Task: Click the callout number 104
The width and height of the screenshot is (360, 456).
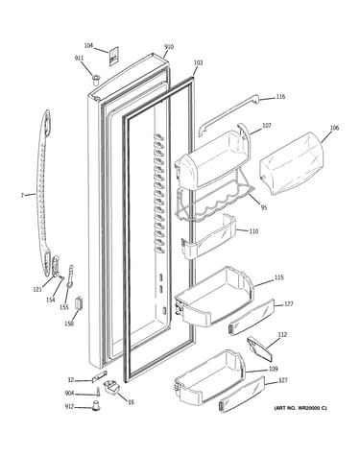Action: (88, 46)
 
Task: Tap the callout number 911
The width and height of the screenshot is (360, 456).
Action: (79, 58)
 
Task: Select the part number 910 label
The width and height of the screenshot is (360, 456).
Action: (169, 47)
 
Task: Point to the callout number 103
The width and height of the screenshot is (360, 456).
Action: (198, 62)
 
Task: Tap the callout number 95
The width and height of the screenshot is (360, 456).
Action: (264, 208)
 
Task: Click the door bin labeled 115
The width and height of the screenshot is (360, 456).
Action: (214, 296)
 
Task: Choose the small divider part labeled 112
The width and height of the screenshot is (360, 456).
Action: (260, 348)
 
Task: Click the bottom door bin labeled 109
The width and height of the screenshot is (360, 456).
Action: (209, 378)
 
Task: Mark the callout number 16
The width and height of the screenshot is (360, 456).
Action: (131, 402)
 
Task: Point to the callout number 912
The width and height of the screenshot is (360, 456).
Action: (69, 406)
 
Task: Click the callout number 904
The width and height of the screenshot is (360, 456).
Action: (69, 394)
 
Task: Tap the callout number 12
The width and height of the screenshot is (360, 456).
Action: (71, 380)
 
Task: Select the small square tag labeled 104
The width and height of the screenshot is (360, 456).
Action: (114, 56)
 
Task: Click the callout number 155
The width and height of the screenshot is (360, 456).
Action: (64, 307)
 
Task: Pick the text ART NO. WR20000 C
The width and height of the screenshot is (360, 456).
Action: (300, 408)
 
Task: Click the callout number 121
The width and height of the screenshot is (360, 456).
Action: (37, 289)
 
